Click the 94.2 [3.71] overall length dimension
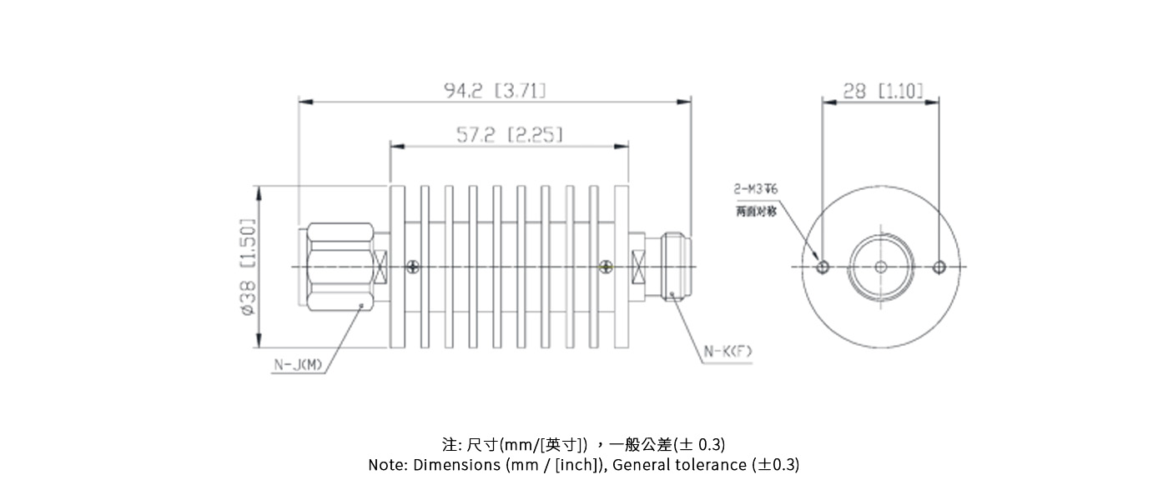click(x=496, y=90)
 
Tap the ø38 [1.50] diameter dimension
click(x=246, y=267)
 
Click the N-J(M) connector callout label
click(x=298, y=364)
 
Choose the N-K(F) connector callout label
click(x=727, y=352)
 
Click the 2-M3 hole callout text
click(x=756, y=190)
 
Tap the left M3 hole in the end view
click(x=823, y=267)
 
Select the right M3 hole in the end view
click(x=939, y=267)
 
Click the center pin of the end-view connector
click(x=881, y=267)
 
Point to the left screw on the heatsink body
click(x=413, y=267)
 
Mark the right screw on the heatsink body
click(x=606, y=267)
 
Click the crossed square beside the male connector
click(x=382, y=267)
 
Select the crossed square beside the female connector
click(x=639, y=267)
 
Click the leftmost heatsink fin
click(x=398, y=267)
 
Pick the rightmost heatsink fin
click(x=622, y=267)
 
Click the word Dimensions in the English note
click(x=457, y=465)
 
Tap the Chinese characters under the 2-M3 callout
click(x=756, y=212)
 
